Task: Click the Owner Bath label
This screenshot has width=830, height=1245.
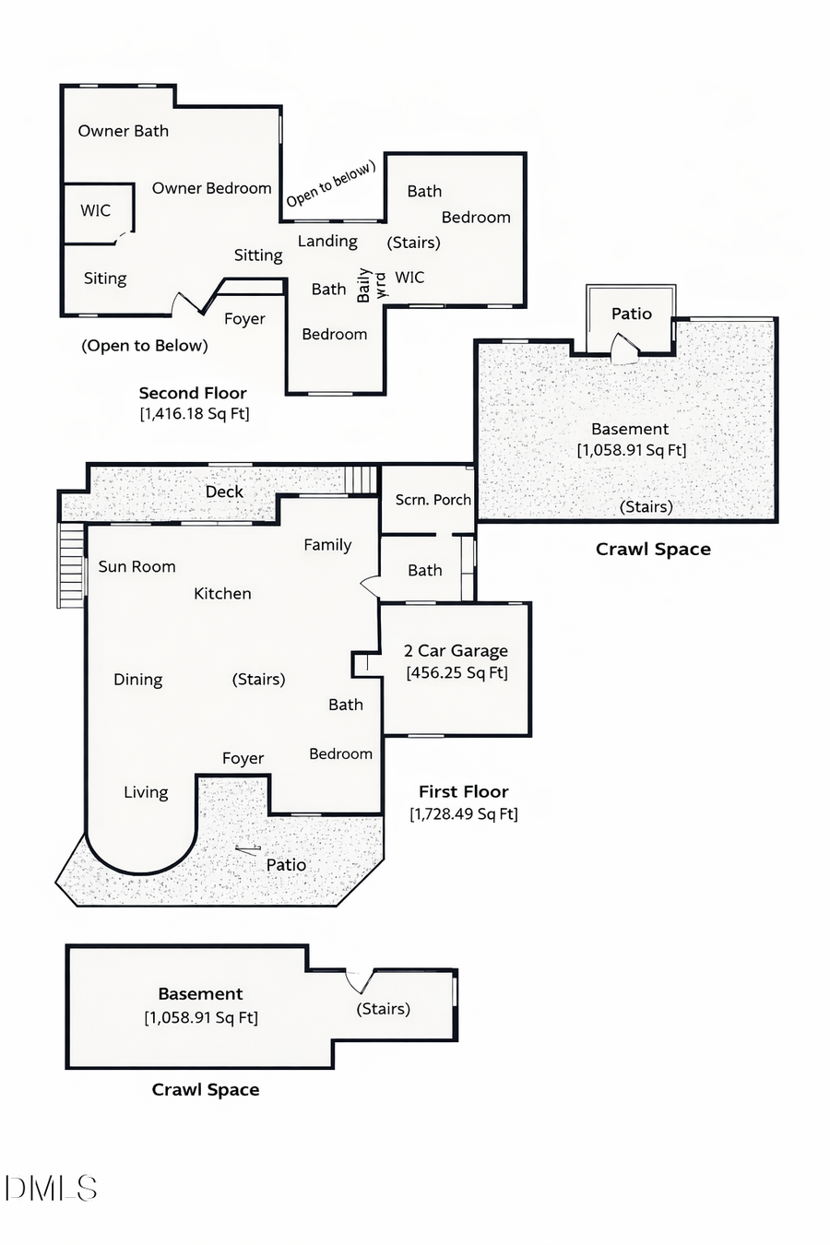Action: pos(123,131)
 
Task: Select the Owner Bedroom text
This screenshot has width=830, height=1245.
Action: pos(211,188)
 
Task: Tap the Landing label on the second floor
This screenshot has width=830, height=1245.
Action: pos(327,241)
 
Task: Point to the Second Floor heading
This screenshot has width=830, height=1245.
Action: pos(193,393)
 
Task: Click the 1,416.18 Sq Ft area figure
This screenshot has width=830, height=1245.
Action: pos(195,413)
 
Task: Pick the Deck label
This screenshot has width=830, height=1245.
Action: pos(224,492)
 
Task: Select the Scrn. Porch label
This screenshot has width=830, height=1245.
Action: pos(433,500)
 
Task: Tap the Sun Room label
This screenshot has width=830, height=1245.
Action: pos(136,566)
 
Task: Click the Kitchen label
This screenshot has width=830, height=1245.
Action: pos(222,593)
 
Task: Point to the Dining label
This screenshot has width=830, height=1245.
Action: pos(137,680)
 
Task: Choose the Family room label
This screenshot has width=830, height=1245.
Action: pos(327,545)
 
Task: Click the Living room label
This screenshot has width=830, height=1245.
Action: pos(146,792)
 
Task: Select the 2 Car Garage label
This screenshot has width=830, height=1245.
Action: pos(456,651)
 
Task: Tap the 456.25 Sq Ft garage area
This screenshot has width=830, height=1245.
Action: pos(456,673)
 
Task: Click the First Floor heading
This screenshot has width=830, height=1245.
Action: pos(463,791)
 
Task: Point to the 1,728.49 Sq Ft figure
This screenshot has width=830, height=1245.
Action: pos(463,813)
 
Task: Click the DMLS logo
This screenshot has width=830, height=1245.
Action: pos(51,1188)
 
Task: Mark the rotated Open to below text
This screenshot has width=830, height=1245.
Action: pos(330,184)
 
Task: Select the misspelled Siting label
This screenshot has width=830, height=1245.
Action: pos(105,279)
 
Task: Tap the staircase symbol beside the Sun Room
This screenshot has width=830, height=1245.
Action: pos(71,564)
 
